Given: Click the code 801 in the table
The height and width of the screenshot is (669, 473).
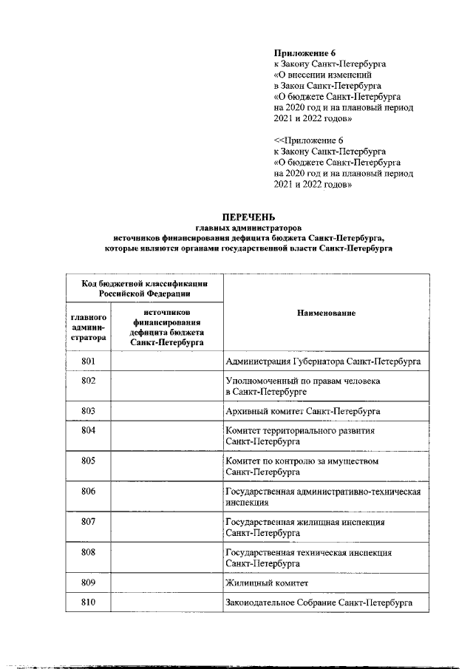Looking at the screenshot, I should [x=89, y=361].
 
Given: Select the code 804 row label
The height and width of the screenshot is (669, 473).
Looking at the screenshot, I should [x=89, y=430].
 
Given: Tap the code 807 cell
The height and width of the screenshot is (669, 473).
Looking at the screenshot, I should [x=89, y=522].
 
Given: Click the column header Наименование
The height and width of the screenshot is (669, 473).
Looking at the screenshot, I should [x=326, y=313].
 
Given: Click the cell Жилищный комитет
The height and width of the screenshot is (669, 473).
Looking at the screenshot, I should [x=264, y=583].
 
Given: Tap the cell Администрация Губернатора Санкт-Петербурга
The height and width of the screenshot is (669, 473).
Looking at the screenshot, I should [x=323, y=361].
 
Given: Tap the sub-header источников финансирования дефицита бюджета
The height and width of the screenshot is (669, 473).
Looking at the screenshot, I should [x=166, y=327].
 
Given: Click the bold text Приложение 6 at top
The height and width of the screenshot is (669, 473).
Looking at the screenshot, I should [x=303, y=52].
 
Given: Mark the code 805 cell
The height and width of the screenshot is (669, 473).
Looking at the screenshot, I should [x=89, y=461].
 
